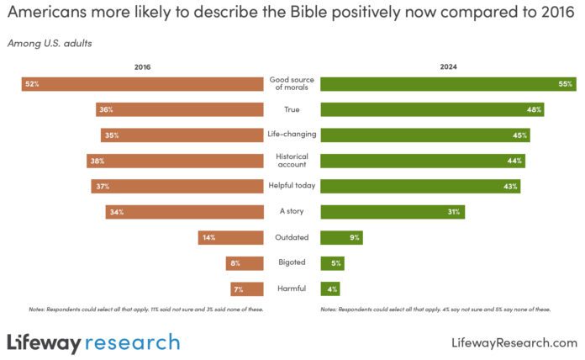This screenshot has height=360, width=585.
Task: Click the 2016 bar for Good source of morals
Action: (143, 84)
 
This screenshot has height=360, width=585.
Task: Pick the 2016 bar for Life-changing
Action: (182, 135)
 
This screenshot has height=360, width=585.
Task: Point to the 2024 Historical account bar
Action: (423, 161)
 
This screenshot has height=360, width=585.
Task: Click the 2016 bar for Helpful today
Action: (177, 186)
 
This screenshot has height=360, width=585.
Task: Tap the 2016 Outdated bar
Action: (231, 237)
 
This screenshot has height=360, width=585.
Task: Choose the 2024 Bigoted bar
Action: (332, 263)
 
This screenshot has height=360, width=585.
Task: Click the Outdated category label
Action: (292, 237)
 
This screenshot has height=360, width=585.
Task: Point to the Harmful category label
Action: (292, 289)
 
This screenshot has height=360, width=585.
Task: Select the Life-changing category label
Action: (292, 135)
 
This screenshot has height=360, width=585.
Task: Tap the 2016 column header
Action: (143, 66)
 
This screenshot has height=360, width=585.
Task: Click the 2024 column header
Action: (448, 66)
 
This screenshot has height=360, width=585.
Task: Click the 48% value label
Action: (533, 109)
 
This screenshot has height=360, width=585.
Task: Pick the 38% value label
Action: (97, 161)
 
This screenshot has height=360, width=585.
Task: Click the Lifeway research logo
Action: (93, 341)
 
